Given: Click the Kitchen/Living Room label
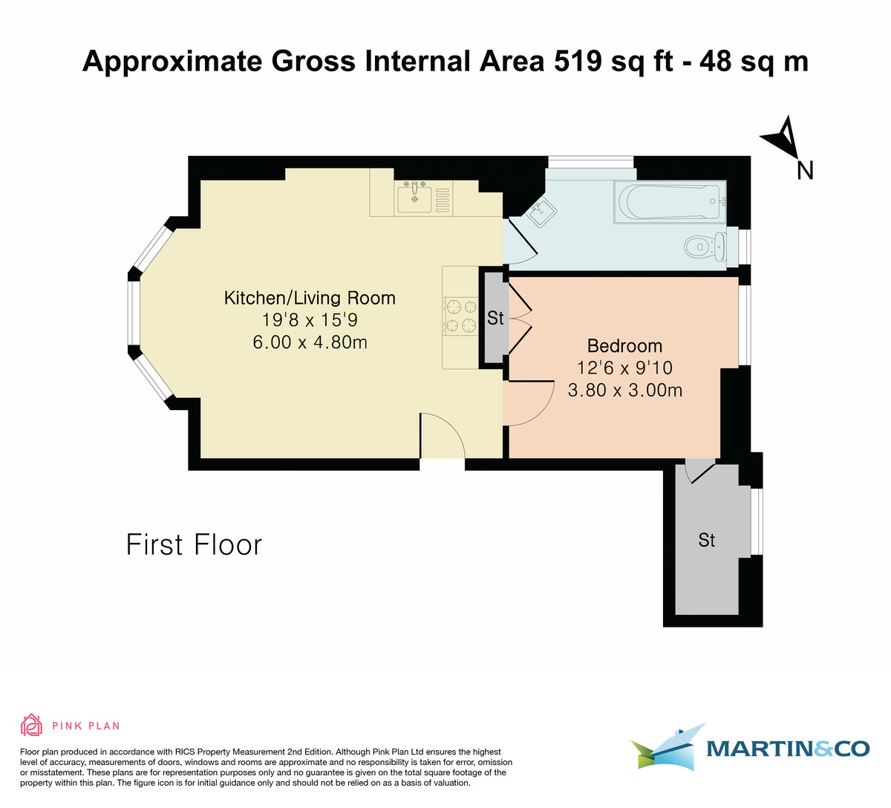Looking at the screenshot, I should click(310, 298).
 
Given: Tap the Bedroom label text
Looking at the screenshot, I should click(624, 345).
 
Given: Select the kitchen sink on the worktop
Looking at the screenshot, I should click(414, 198).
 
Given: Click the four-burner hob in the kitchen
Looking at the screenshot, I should click(460, 315).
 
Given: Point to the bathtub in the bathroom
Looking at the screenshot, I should click(669, 201).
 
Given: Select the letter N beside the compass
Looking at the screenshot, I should click(805, 171).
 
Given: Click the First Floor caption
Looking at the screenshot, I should click(194, 544).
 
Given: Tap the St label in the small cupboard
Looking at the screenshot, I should click(495, 318).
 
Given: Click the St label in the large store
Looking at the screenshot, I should click(706, 540).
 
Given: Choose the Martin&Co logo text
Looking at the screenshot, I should click(787, 749).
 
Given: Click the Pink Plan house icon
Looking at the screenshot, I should click(31, 725).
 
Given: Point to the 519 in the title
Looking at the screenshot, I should click(578, 62).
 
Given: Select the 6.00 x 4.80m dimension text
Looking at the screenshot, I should click(310, 342).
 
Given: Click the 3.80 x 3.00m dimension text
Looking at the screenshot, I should click(624, 389).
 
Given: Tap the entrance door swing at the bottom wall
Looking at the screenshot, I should click(443, 438).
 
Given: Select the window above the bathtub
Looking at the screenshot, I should click(590, 161).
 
